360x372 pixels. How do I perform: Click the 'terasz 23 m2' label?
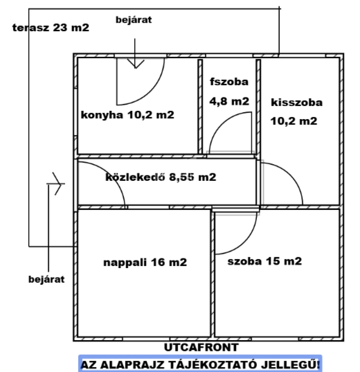[51, 28]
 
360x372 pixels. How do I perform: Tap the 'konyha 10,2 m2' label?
[128, 115]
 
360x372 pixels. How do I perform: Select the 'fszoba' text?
[229, 82]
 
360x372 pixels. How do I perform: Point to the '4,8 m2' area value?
[229, 102]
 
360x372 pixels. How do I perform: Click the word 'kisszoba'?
[297, 102]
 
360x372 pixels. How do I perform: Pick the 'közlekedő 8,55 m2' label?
[161, 177]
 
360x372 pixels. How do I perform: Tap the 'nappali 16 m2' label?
[145, 262]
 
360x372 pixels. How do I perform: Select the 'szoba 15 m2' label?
[264, 261]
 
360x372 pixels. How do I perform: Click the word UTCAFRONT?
[201, 348]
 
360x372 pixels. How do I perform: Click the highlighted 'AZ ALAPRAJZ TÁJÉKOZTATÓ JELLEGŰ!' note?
[200, 364]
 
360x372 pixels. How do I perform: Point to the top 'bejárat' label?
[134, 20]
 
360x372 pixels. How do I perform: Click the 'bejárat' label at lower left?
[46, 279]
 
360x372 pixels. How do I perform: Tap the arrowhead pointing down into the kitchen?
[135, 65]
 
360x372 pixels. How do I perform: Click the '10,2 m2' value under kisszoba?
[294, 121]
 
